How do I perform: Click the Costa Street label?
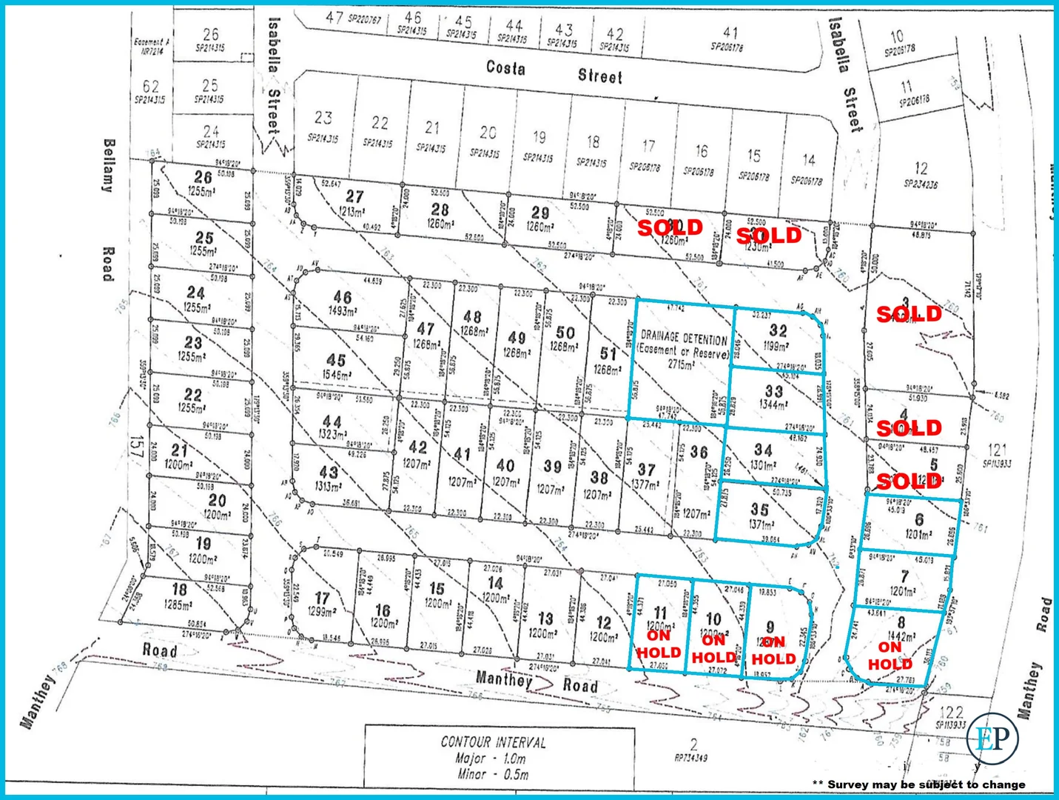tap(554, 72)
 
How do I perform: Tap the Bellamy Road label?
tap(108, 210)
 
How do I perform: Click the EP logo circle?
tap(992, 738)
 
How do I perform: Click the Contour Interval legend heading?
tap(494, 741)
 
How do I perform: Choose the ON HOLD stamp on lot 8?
tap(890, 656)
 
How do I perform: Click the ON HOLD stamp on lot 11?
tap(658, 644)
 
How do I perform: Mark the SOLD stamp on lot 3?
tap(909, 314)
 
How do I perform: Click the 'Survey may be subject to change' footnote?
tap(918, 784)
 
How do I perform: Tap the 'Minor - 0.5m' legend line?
tap(492, 775)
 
